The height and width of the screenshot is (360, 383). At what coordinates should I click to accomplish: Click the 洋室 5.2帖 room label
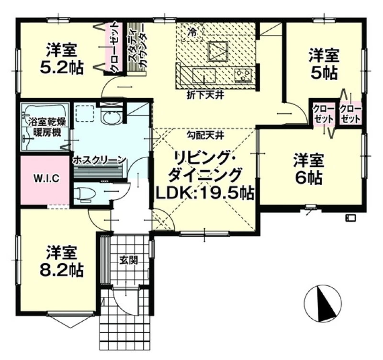62,58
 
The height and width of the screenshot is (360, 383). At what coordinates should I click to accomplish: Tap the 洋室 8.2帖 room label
62,261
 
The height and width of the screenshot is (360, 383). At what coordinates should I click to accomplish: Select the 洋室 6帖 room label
309,169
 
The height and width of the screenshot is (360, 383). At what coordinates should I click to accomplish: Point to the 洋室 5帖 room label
324,65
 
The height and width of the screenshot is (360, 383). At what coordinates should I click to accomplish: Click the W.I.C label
46,178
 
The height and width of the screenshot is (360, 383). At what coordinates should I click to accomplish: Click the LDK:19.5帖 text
205,194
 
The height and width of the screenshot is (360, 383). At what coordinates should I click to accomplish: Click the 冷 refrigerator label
193,32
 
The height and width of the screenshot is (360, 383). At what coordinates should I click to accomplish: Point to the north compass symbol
323,303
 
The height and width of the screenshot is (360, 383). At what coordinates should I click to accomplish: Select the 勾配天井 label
205,135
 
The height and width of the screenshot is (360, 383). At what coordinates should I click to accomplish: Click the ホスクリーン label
99,160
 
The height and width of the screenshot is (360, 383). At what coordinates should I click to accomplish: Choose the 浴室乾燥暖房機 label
47,127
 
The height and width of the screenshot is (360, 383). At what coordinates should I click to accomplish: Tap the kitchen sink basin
204,75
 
